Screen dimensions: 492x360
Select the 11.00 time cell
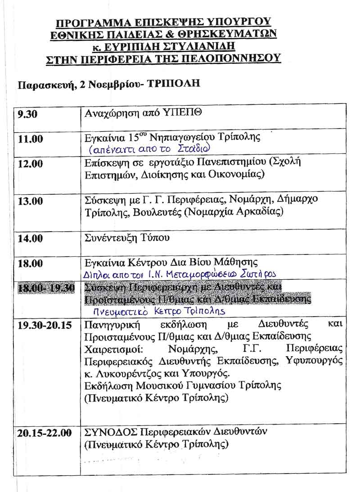(31, 139)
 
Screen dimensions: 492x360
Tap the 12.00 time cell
(31, 164)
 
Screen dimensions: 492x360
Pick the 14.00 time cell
(31, 238)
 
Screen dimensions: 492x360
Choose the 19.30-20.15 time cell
(45, 325)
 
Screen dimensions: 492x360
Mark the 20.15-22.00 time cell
(45, 433)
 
